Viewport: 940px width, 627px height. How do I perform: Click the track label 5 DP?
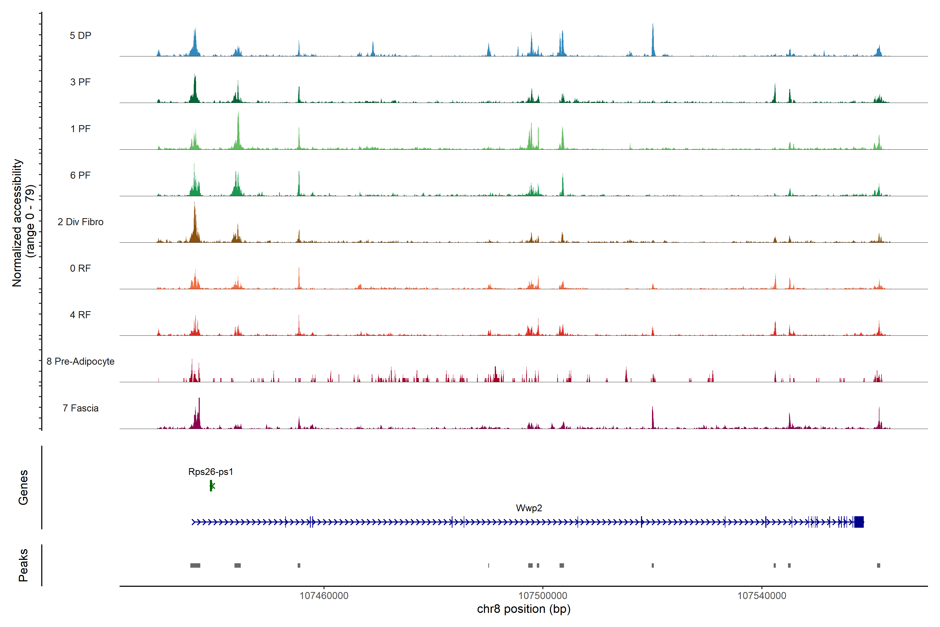point(80,36)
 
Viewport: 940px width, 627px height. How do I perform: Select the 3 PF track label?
point(80,82)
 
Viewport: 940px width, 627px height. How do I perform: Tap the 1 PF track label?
point(80,129)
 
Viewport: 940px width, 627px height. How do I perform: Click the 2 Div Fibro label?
point(80,222)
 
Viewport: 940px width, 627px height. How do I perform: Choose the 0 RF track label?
point(80,268)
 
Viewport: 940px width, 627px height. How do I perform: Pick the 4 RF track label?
point(80,315)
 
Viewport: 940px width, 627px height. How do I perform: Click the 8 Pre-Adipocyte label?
point(80,362)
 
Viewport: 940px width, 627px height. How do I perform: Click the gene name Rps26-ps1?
point(211,472)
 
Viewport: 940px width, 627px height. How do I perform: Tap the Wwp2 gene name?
point(529,508)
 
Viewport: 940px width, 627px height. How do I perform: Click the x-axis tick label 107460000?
point(324,596)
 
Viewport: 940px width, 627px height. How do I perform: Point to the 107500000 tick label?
point(543,596)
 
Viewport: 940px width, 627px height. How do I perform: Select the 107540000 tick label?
point(761,596)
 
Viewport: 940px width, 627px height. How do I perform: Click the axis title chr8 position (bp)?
point(524,609)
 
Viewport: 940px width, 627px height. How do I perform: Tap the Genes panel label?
point(23,487)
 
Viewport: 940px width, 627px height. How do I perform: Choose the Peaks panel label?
point(23,565)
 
